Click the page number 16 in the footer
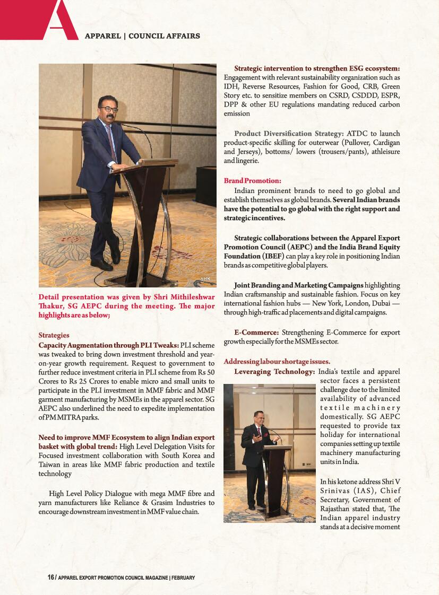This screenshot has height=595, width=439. pyautogui.click(x=51, y=577)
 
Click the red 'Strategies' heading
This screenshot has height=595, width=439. pyautogui.click(x=54, y=335)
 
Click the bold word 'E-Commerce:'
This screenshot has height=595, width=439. pyautogui.click(x=256, y=332)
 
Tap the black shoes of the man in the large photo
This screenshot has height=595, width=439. pyautogui.click(x=106, y=261)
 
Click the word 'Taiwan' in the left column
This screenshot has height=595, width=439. pyautogui.click(x=49, y=465)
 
